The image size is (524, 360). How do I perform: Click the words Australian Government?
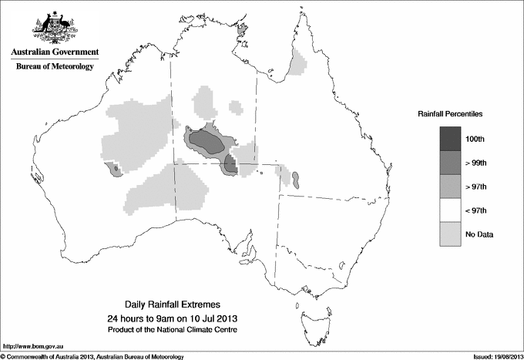click(x=55, y=52)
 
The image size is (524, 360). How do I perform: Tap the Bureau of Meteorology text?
click(x=55, y=67)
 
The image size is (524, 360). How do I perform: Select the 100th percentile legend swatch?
click(x=452, y=138)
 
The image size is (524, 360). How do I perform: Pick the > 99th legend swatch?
click(x=452, y=162)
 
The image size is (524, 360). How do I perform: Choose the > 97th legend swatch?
click(x=452, y=186)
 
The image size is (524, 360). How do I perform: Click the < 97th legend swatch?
click(x=452, y=210)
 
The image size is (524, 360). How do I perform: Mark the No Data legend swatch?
click(x=452, y=234)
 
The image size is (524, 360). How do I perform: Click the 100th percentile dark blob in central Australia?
click(x=207, y=140)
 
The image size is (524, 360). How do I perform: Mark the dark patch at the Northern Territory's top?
click(x=244, y=30)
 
